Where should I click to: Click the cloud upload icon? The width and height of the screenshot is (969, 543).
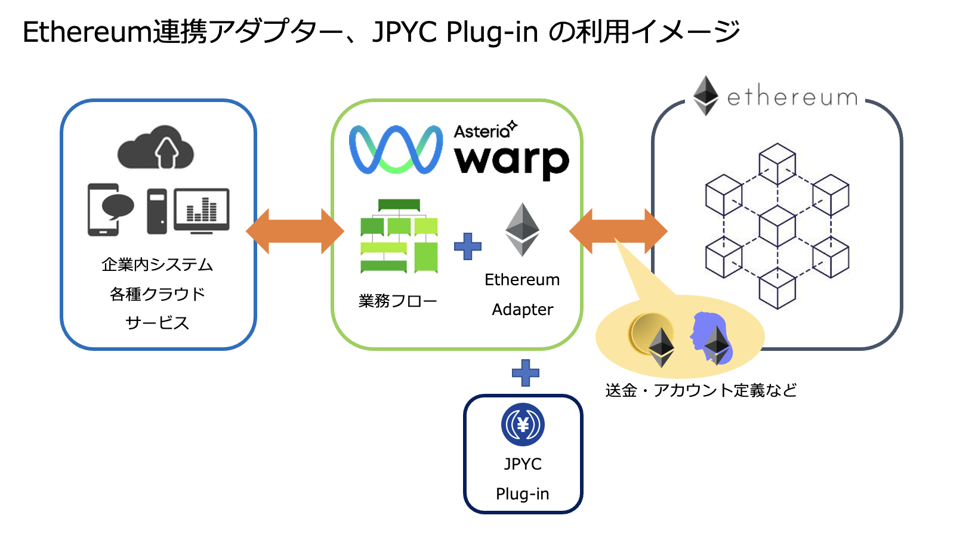point(156,147)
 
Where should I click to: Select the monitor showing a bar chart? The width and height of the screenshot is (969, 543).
point(202,210)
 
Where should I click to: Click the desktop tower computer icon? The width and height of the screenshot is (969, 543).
point(157,211)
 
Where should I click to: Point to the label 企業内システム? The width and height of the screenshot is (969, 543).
point(158,264)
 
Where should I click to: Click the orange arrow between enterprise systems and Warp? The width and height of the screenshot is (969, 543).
point(295,231)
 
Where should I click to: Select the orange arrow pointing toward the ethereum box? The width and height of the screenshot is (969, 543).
point(618,231)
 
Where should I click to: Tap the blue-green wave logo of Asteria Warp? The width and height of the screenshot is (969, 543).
point(396,150)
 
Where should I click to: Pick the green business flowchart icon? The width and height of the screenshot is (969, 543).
point(399,236)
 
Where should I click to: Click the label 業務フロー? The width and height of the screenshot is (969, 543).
point(397,301)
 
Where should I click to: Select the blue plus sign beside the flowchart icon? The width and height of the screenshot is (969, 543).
point(468,246)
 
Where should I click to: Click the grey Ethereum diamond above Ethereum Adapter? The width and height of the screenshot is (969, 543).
point(522,230)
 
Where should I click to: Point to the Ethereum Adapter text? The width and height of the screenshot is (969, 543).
point(522,295)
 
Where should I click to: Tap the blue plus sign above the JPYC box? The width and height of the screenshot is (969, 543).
point(526,373)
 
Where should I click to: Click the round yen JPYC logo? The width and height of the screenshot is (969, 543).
point(523,425)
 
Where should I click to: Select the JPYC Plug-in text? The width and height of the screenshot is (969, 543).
point(523,479)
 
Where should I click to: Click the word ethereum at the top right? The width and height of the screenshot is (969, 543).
point(792,97)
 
